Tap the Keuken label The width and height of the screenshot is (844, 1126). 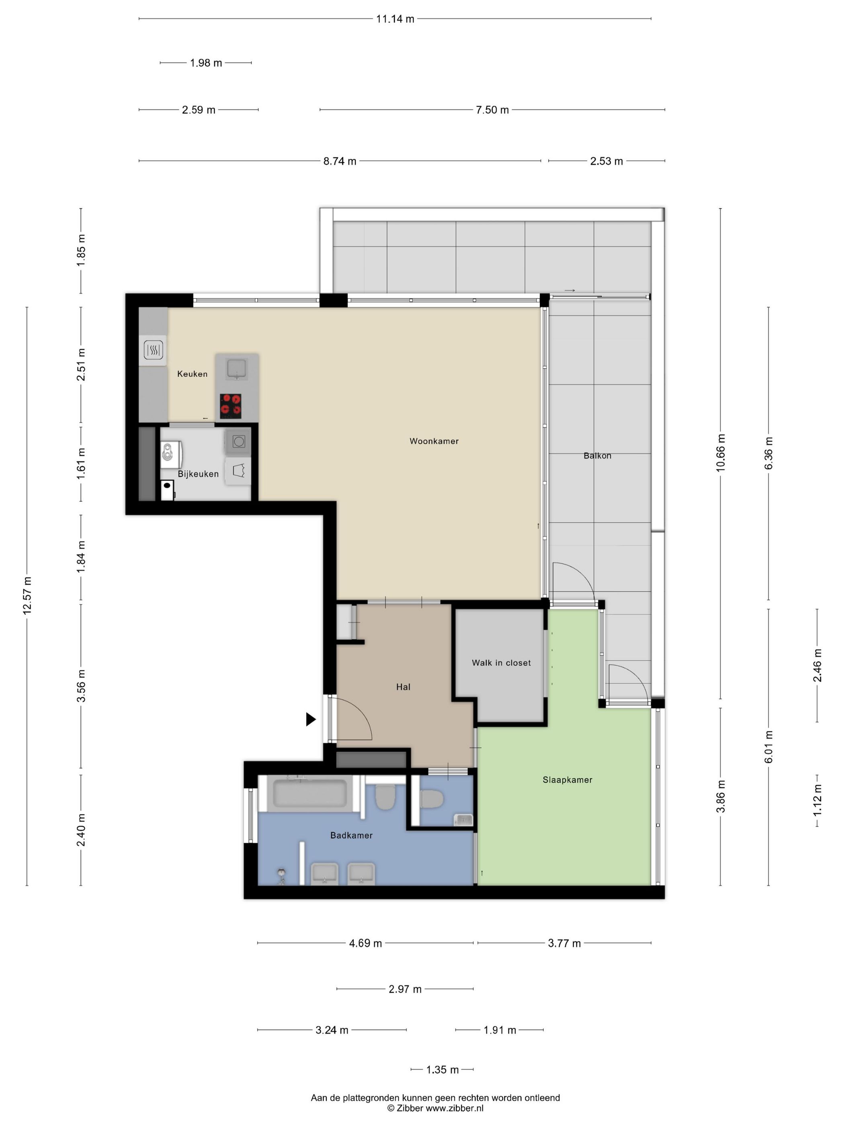[192, 374]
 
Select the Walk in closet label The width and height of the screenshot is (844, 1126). [501, 662]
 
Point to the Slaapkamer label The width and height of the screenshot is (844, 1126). [567, 779]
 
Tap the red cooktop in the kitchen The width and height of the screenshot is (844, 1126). [230, 406]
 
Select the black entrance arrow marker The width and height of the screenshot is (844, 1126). [310, 719]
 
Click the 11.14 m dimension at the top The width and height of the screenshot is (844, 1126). [395, 19]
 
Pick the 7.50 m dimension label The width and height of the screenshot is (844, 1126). [492, 110]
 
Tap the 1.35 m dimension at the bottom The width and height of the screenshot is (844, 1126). [442, 1069]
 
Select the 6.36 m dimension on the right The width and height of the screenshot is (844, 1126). [768, 453]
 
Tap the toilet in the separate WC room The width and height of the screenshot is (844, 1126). [433, 799]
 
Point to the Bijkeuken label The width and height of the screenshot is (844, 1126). [198, 473]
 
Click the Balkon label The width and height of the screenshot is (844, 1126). [597, 456]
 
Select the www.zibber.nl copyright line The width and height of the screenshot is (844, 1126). [435, 1108]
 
